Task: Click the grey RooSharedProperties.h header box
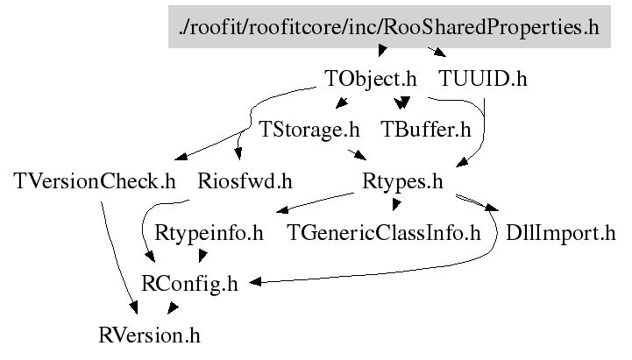[x=388, y=27]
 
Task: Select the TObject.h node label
[x=370, y=79]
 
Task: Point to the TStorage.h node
[x=310, y=131]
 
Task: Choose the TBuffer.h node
[x=426, y=131]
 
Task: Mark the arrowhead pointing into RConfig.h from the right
[x=256, y=282]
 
